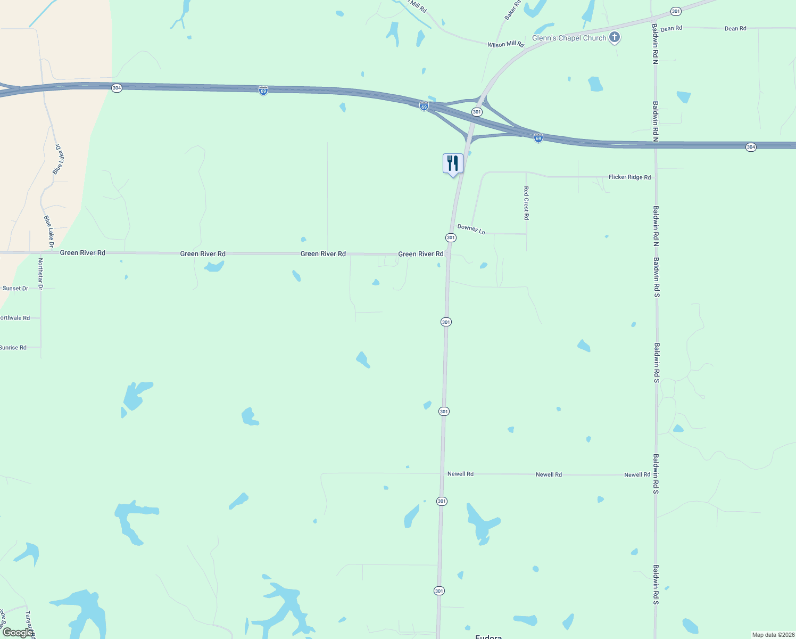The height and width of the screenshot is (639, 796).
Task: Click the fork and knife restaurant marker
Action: point(453,163)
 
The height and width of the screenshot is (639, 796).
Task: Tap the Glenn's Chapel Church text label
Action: point(569,38)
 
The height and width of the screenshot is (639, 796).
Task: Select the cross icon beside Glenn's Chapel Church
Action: point(615,37)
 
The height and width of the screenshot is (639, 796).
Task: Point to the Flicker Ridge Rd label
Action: point(629,177)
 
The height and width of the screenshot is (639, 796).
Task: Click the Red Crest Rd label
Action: point(526,203)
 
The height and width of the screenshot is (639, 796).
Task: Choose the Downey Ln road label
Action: point(471,229)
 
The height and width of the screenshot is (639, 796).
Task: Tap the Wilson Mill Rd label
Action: point(505,44)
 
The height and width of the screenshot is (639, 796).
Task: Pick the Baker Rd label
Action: point(512,11)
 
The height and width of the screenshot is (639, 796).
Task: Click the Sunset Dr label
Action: point(15,288)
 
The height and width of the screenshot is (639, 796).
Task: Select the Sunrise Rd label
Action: point(13,348)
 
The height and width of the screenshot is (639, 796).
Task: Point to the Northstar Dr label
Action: point(40,274)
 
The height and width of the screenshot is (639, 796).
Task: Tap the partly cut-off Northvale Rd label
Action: point(15,318)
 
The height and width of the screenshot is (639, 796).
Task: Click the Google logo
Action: point(18,633)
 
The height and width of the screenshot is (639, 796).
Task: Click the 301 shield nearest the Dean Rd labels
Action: point(676,11)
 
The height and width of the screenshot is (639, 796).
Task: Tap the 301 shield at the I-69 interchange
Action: point(477,112)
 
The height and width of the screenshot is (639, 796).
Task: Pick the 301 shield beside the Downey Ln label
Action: point(451,237)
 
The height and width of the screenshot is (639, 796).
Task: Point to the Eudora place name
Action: point(488,636)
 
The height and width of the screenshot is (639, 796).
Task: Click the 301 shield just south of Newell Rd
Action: point(442,501)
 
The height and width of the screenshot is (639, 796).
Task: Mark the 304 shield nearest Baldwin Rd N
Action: point(750,147)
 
